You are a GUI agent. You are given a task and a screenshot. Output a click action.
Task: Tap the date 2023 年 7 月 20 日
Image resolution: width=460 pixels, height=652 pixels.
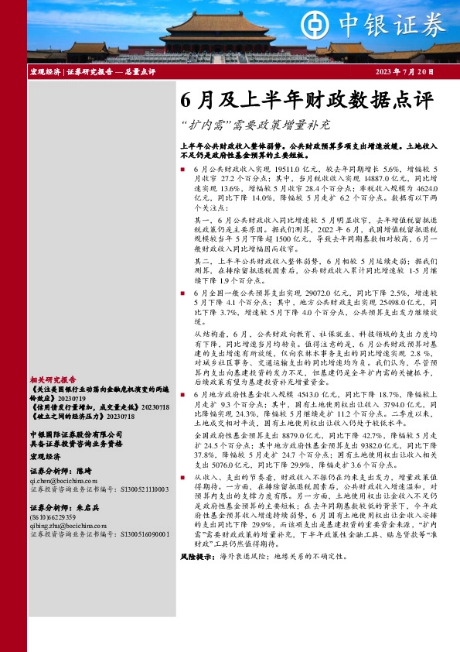[403, 71]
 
